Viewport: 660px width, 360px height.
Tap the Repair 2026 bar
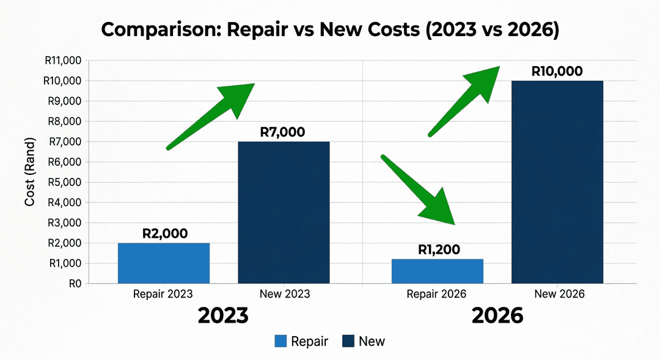pos(437,271)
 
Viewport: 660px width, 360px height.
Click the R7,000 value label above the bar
pos(282,132)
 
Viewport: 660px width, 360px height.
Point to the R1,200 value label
pos(439,249)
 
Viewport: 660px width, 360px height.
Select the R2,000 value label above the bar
pos(164,233)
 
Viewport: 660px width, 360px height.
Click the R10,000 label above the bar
pos(557,71)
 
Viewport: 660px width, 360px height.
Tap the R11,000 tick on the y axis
pos(64,61)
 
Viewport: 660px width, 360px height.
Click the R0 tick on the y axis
pos(75,284)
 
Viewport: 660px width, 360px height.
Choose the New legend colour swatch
pos(348,341)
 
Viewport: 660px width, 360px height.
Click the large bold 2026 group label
pos(497,315)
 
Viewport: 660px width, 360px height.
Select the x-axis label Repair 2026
pos(436,294)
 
